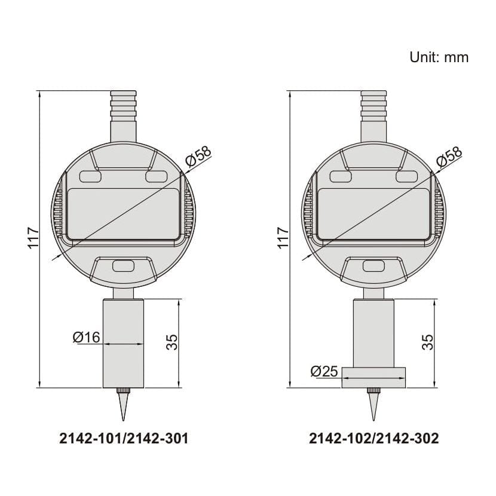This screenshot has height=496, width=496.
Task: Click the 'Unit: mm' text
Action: tap(439, 57)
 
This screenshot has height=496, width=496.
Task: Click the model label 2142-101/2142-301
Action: tap(124, 439)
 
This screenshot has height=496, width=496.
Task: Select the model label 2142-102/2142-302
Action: tap(374, 439)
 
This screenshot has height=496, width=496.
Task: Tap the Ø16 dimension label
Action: tap(86, 338)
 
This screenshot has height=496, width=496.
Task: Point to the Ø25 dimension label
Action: tap(324, 372)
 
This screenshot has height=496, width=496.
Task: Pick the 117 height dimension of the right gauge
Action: tap(283, 238)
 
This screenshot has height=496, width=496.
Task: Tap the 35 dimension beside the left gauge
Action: tap(172, 342)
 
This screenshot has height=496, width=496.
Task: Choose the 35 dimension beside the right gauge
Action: tap(428, 342)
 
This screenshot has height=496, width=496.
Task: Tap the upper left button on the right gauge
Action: tap(341, 177)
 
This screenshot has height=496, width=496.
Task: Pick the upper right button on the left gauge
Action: tap(156, 177)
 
